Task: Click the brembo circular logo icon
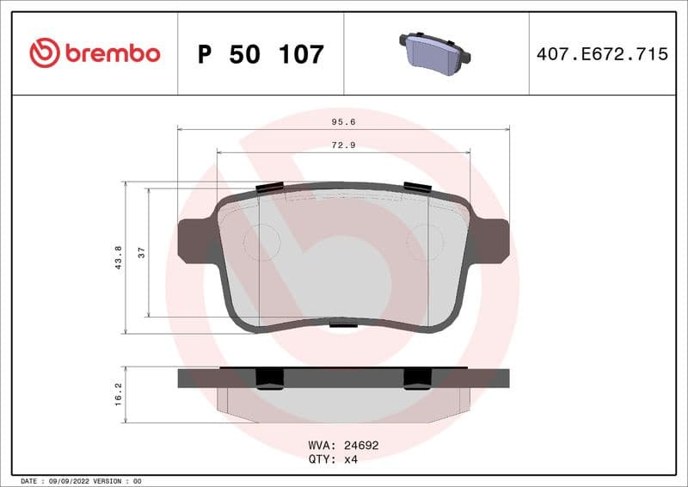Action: (45, 53)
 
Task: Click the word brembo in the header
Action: (112, 53)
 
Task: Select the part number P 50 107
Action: (261, 54)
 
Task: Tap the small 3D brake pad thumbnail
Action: (435, 53)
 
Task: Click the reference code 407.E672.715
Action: (602, 54)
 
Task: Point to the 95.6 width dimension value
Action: (343, 122)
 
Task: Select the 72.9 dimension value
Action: (343, 145)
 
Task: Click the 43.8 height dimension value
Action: (119, 257)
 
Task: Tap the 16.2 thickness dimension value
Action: (119, 395)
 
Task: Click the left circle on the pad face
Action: (261, 242)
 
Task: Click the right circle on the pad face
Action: (425, 242)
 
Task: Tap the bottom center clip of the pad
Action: (343, 324)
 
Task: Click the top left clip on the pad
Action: (270, 188)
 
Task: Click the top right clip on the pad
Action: (417, 188)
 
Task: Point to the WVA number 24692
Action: (361, 446)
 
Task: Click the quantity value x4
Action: (350, 459)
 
